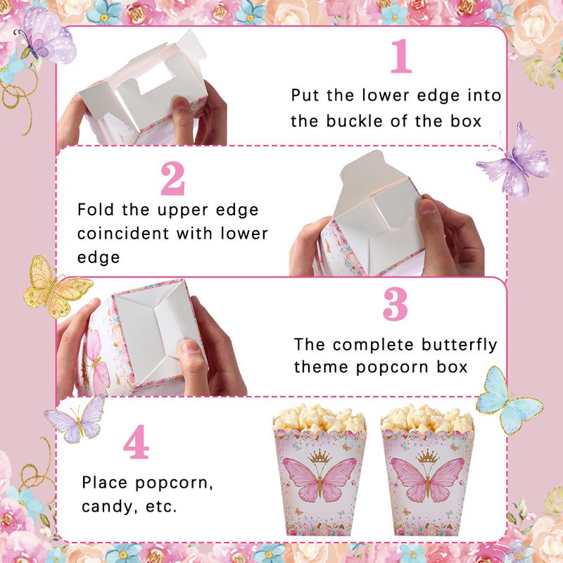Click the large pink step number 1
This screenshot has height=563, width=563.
[x=401, y=56]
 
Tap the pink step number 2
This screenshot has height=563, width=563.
[x=172, y=179]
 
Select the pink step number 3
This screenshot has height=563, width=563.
[x=396, y=304]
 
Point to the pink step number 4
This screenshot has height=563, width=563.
[x=136, y=442]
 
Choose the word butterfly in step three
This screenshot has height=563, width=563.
[x=460, y=346]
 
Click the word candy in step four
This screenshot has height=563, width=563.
[x=107, y=507]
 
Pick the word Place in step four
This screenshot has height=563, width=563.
[x=104, y=483]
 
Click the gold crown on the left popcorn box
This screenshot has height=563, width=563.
[x=320, y=456]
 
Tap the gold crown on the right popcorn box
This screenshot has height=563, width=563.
[x=428, y=456]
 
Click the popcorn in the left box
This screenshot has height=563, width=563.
[x=319, y=418]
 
